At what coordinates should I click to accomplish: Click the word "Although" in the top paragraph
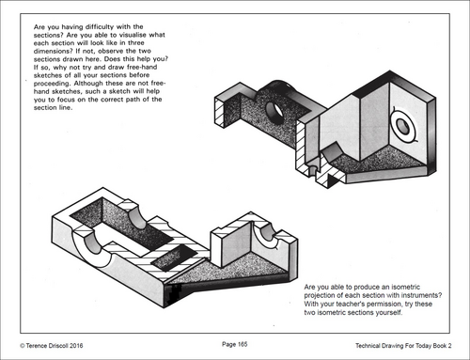(x=88, y=84)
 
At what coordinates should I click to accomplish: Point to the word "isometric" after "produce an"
(x=406, y=287)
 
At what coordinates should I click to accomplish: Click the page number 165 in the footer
(x=243, y=344)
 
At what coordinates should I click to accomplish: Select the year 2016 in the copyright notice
(x=76, y=346)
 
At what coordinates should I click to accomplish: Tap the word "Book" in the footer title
(x=440, y=346)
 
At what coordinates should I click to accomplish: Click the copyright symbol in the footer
(x=23, y=346)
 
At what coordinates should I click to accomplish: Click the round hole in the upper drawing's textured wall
(x=274, y=112)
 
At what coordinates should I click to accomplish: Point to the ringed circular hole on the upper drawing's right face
(x=403, y=126)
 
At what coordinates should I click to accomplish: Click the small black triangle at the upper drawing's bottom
(x=333, y=180)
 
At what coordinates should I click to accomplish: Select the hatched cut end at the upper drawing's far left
(x=219, y=112)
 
